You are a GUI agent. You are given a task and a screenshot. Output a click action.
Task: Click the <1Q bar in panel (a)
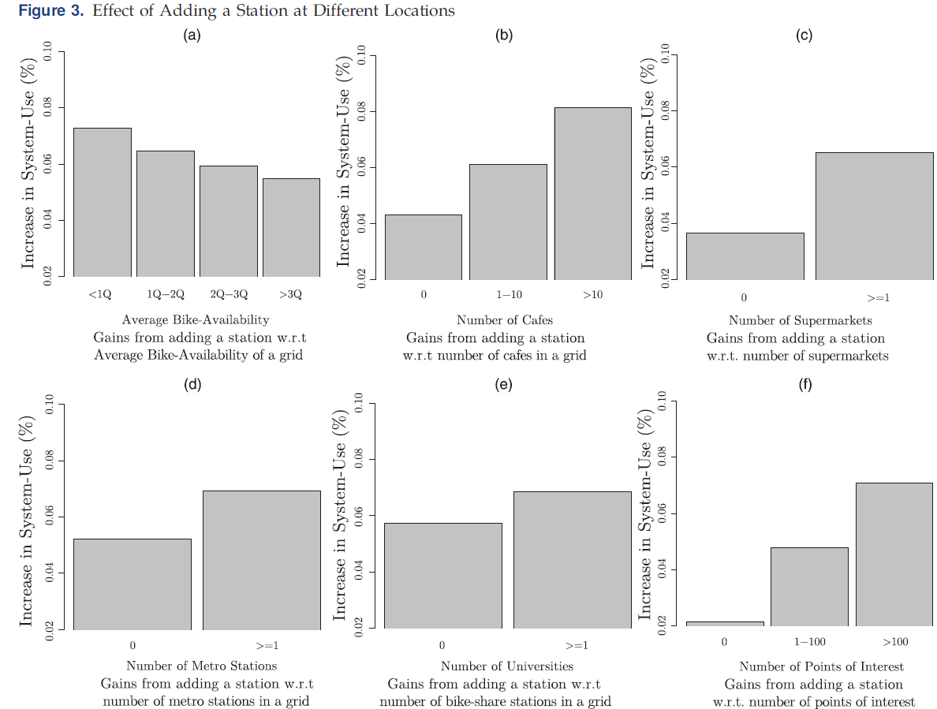[x=103, y=202]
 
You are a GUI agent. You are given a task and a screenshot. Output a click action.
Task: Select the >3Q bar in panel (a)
[x=291, y=227]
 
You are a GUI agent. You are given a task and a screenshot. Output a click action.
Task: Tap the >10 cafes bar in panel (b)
[x=592, y=193]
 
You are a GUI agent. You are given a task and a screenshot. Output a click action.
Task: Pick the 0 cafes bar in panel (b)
[x=424, y=247]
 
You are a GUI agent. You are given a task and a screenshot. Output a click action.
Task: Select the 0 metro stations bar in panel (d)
[x=133, y=584]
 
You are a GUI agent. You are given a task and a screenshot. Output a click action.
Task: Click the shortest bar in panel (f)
[x=725, y=624]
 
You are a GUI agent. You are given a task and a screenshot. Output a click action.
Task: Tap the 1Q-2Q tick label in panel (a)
[x=166, y=294]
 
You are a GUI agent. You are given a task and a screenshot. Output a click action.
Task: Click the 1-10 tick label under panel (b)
[x=509, y=294]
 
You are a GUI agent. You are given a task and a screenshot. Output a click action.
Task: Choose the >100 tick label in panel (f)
[x=895, y=642]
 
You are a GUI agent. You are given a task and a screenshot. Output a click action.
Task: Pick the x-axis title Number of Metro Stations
[x=202, y=666]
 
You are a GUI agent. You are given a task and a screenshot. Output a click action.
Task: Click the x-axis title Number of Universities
[x=506, y=666]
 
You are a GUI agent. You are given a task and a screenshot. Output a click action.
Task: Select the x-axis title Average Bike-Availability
[x=196, y=319]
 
